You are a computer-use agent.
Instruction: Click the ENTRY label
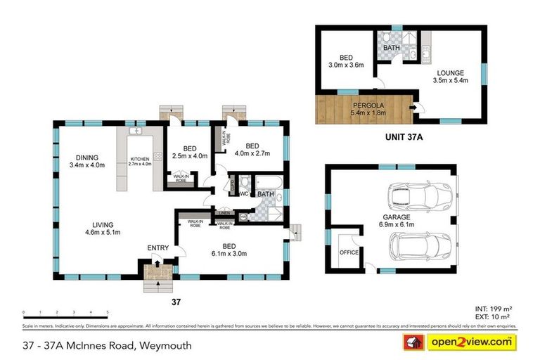157,247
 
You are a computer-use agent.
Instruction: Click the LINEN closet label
224,212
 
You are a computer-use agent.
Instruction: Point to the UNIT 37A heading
399,139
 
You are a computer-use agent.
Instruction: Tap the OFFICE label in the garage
349,251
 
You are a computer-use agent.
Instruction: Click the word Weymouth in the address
166,345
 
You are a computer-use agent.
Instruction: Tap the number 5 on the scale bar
107,311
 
